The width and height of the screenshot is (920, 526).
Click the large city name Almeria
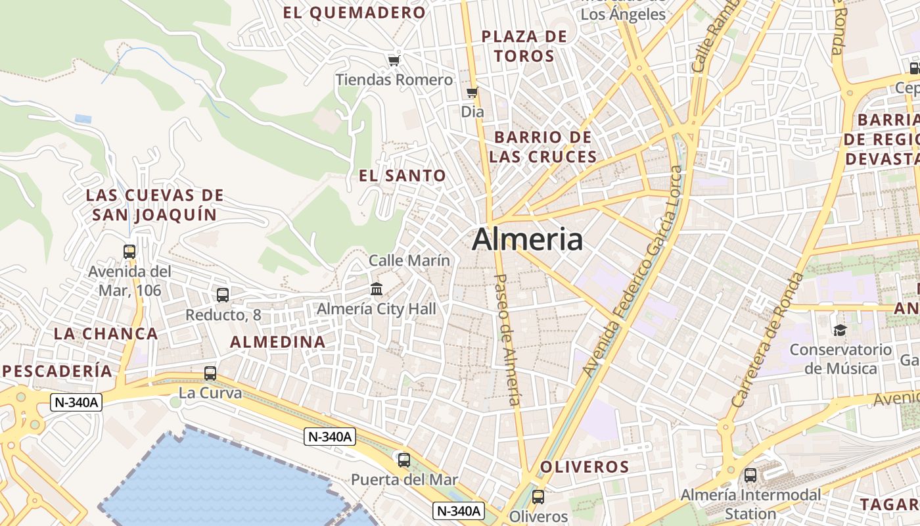pos(527,239)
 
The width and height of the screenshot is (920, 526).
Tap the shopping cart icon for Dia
pos(472,93)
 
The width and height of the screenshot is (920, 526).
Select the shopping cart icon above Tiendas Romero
pos(394,60)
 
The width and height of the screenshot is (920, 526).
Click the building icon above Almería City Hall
pos(377,289)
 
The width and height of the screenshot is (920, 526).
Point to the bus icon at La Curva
pos(210,373)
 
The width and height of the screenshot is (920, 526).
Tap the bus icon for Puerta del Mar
pos(404,460)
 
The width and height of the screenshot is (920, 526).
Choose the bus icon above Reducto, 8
pos(223,295)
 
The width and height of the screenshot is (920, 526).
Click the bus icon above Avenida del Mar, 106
pos(129,251)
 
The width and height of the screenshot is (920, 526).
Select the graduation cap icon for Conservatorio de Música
pos(840,329)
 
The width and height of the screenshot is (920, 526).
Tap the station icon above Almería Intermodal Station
pos(750,475)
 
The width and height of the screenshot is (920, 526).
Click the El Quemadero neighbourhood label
pos(354,12)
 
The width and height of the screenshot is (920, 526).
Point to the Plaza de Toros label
pos(524,46)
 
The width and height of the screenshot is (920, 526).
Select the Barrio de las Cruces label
pos(543,147)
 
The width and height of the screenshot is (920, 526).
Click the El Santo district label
pos(402,176)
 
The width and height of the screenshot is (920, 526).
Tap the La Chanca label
pos(106,333)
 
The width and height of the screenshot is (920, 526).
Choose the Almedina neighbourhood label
pos(278,342)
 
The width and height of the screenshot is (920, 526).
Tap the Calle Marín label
pos(409,260)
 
